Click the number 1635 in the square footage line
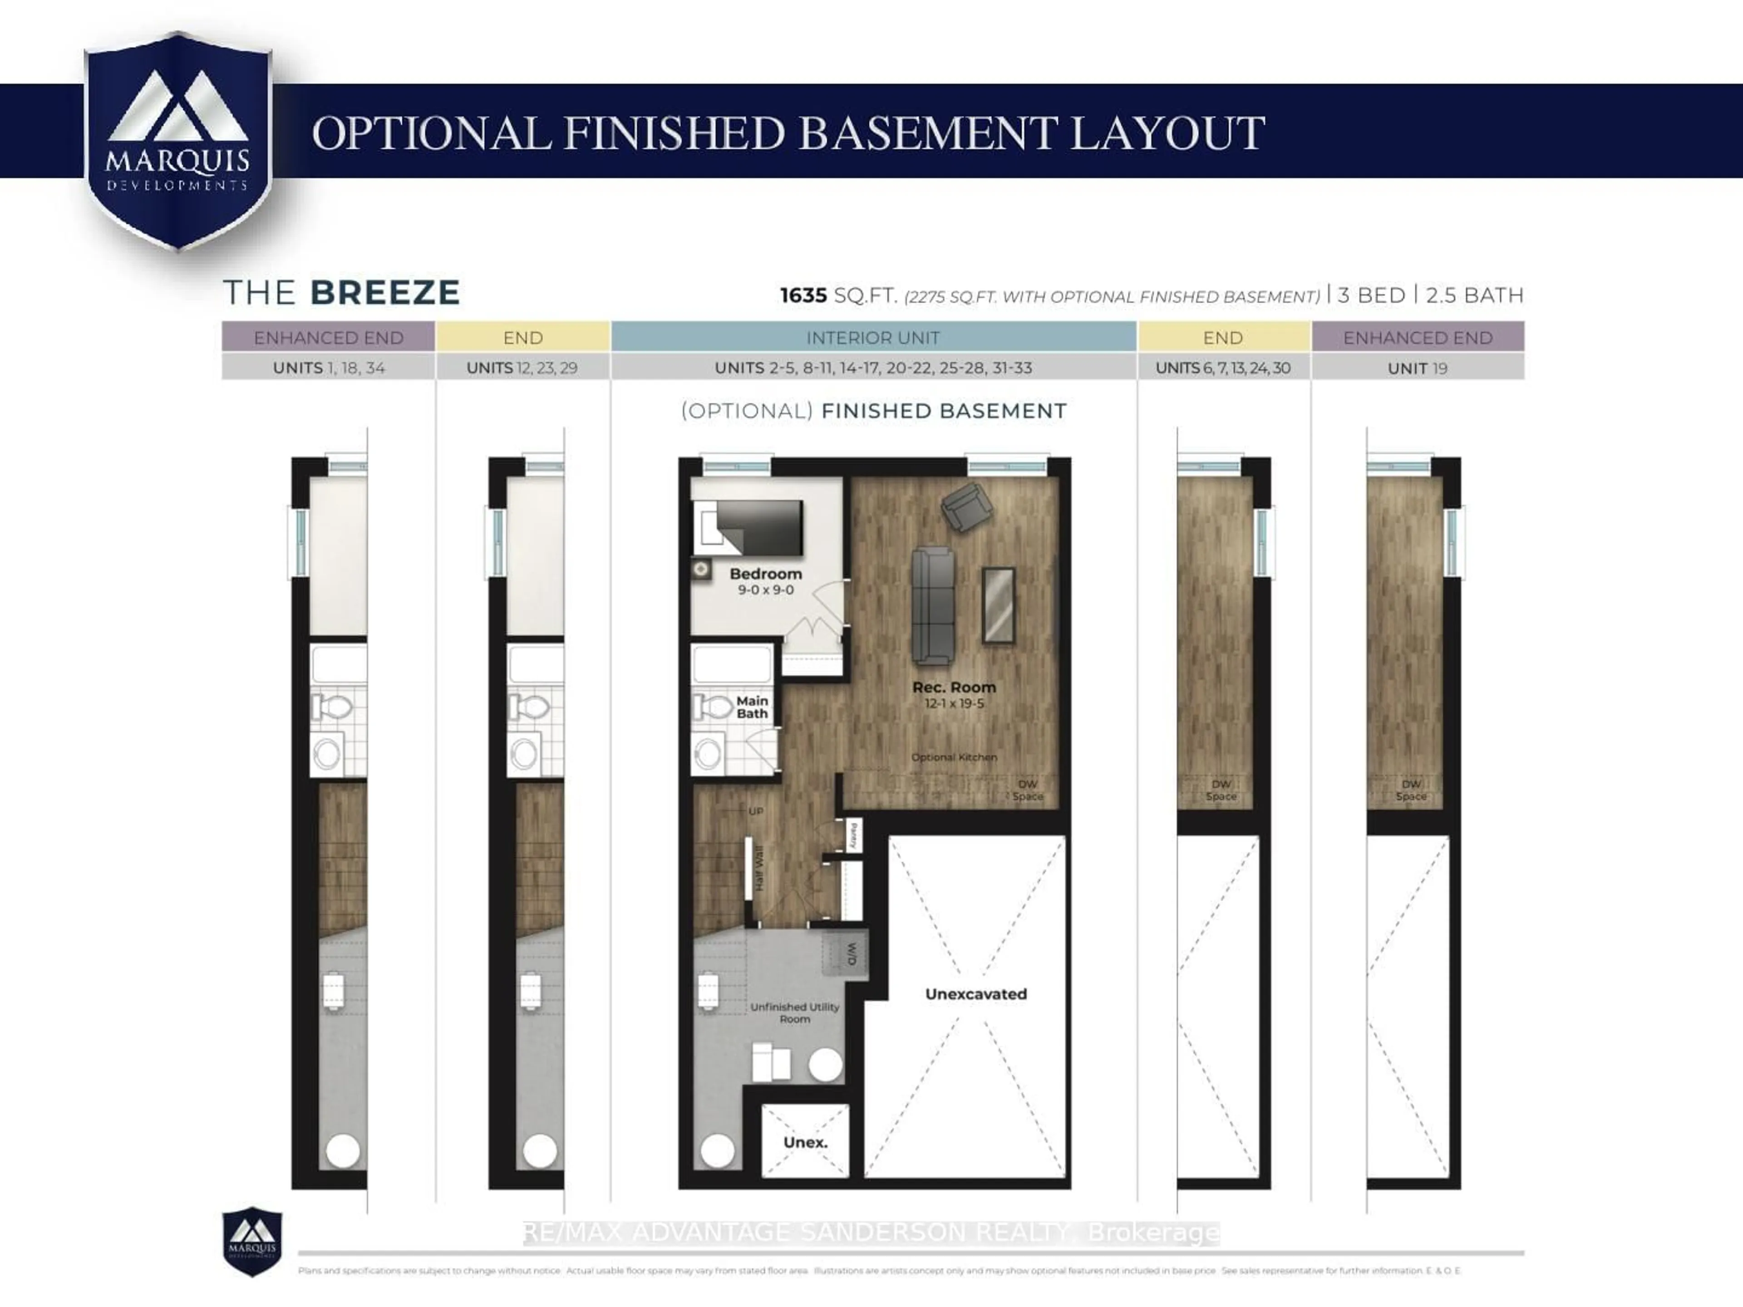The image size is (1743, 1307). pyautogui.click(x=803, y=295)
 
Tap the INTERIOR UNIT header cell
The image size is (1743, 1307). pyautogui.click(x=872, y=337)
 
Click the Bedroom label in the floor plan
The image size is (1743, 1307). pyautogui.click(x=765, y=574)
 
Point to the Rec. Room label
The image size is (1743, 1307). pyautogui.click(x=954, y=687)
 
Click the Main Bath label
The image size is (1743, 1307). pyautogui.click(x=752, y=707)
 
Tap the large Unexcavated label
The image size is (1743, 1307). pyautogui.click(x=975, y=994)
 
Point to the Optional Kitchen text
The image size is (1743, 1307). pyautogui.click(x=954, y=757)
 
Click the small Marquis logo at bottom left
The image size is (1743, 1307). pyautogui.click(x=252, y=1243)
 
